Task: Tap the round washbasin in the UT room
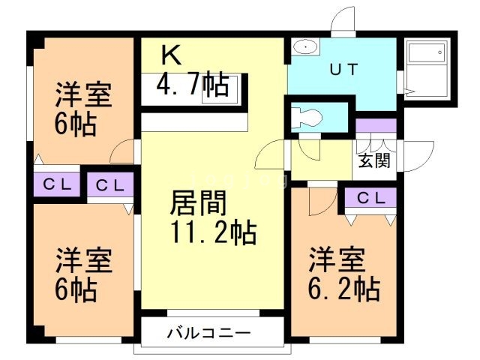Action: pos(305,48)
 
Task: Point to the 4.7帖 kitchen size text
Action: pos(192,85)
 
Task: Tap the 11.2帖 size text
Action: pos(212,233)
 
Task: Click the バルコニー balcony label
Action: pos(208,333)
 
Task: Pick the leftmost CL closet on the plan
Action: pos(57,184)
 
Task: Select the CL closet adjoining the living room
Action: pos(110,184)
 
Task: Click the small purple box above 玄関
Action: pos(371,125)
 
